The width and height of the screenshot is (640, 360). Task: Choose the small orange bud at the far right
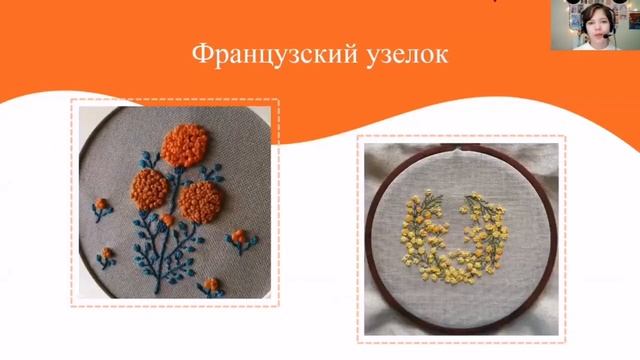click(x=239, y=238)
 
